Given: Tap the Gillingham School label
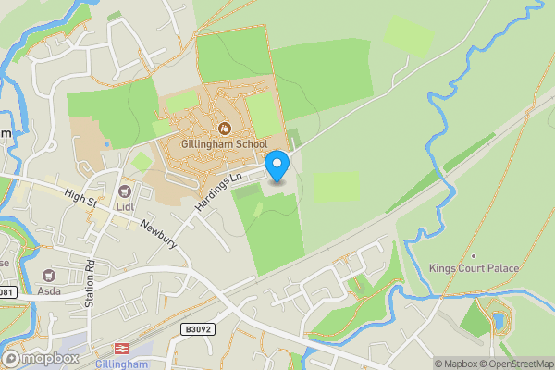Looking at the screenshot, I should pos(226,144).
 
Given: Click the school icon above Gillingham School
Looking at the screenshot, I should pos(223,128).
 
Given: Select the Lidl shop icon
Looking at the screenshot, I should pos(124,191).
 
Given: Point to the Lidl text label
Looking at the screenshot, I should pos(124,207).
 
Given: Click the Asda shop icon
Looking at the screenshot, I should pos(48,275).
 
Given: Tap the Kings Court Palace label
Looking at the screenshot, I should pos(474,268).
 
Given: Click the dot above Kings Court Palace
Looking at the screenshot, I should pos(474,255).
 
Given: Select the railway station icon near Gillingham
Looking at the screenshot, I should pos(120,350).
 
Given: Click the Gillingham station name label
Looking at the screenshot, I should pos(122,364).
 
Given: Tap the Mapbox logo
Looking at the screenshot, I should pos(40,358).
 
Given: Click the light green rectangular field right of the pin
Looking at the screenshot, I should pos(336,186).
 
